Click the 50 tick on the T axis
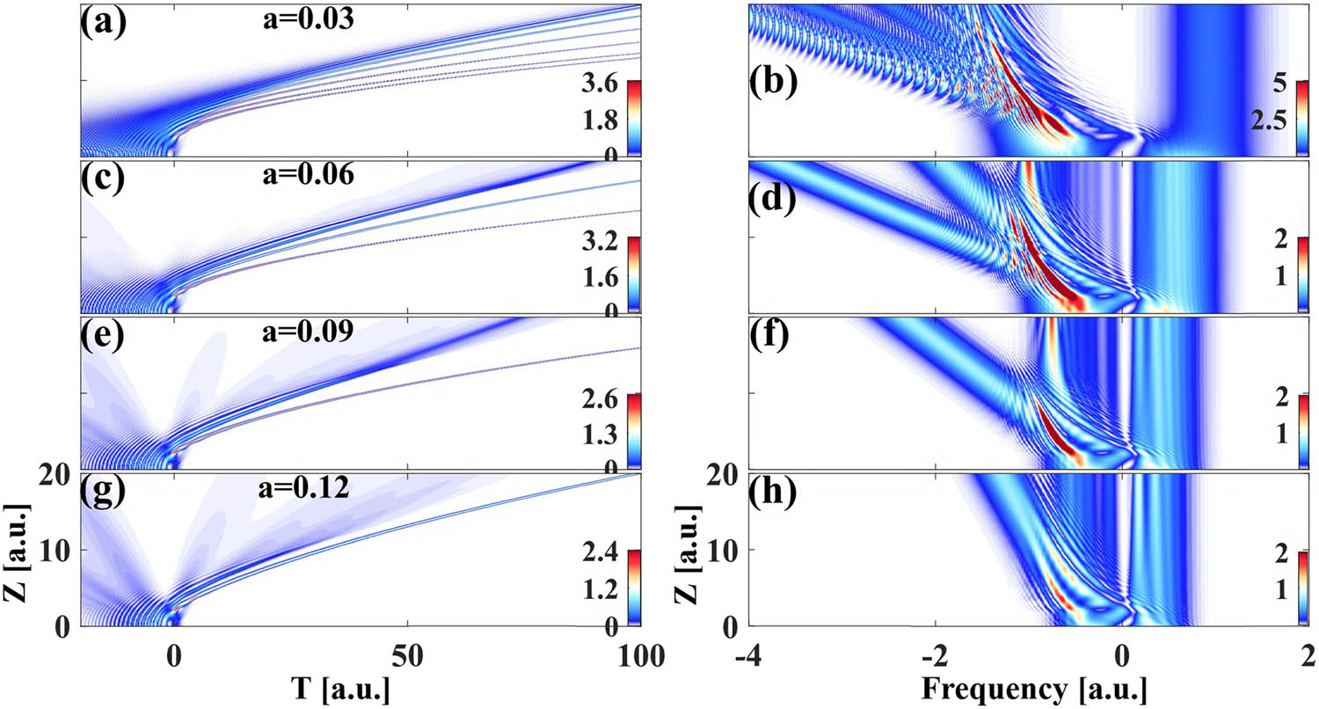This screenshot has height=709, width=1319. click(406, 652)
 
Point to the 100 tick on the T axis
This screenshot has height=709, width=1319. click(638, 652)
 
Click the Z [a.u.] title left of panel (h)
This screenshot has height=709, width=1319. click(691, 550)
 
